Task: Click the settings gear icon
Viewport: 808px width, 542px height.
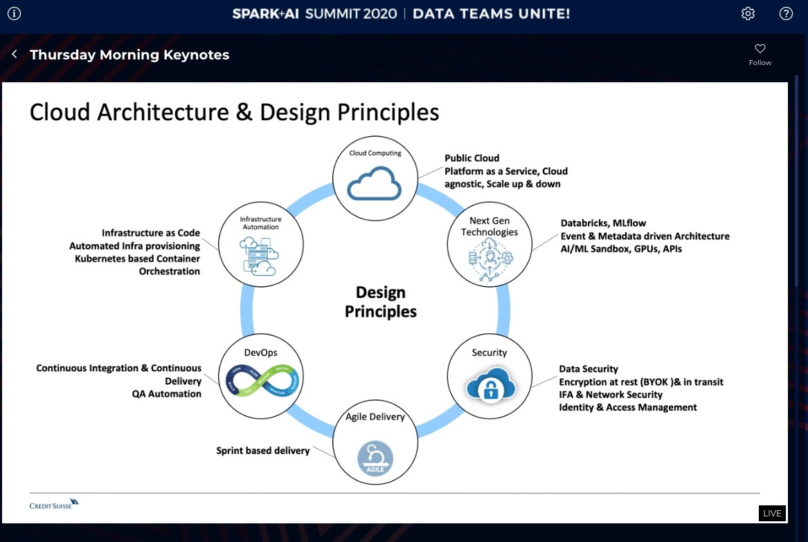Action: click(748, 14)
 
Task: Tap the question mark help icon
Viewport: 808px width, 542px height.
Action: click(786, 14)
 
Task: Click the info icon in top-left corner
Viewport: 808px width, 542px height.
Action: click(14, 13)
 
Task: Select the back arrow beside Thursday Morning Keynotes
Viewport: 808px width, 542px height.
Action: click(15, 54)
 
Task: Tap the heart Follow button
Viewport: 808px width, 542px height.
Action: click(760, 54)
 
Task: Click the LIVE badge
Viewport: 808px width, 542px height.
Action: click(772, 513)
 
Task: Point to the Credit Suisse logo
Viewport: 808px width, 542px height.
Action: click(54, 503)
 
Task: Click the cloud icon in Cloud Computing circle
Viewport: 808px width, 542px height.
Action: click(374, 184)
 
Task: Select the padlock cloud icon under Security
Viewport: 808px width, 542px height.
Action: click(490, 384)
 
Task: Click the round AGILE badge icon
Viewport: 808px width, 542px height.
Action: click(375, 458)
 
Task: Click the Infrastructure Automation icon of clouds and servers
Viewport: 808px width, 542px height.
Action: click(260, 256)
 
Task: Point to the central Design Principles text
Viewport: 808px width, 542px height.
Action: click(381, 302)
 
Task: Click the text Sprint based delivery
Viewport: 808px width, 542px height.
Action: click(262, 451)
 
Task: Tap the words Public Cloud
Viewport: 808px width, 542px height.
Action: click(472, 158)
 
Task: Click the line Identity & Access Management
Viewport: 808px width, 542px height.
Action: click(628, 407)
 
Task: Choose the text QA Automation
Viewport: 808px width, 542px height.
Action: click(166, 394)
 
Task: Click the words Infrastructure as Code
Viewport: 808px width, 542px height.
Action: click(151, 233)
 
